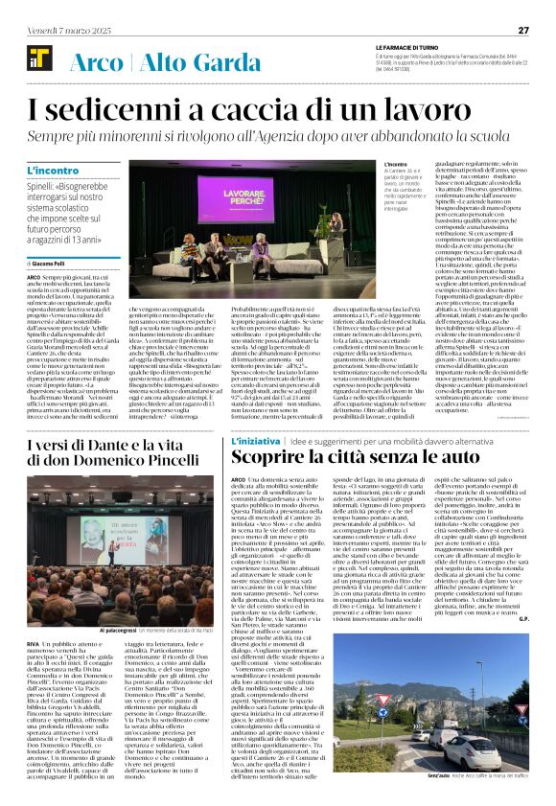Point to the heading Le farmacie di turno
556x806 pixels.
[x=408, y=47]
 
